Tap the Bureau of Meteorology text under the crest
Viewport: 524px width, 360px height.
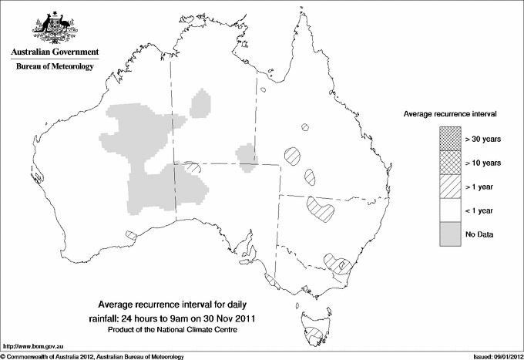(55, 66)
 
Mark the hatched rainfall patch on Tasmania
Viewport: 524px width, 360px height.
(312, 335)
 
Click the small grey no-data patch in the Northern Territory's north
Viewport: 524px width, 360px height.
(202, 103)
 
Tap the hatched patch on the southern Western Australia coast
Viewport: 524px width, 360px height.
(131, 234)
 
